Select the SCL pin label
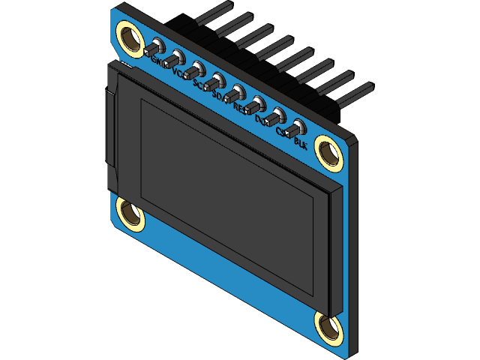200,85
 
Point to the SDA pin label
220,97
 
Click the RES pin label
241,108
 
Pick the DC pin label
261,119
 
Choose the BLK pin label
301,141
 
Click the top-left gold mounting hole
129,38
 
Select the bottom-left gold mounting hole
130,214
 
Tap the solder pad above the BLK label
298,126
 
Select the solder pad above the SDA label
217,80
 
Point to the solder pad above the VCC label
175,58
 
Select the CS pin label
282,130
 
